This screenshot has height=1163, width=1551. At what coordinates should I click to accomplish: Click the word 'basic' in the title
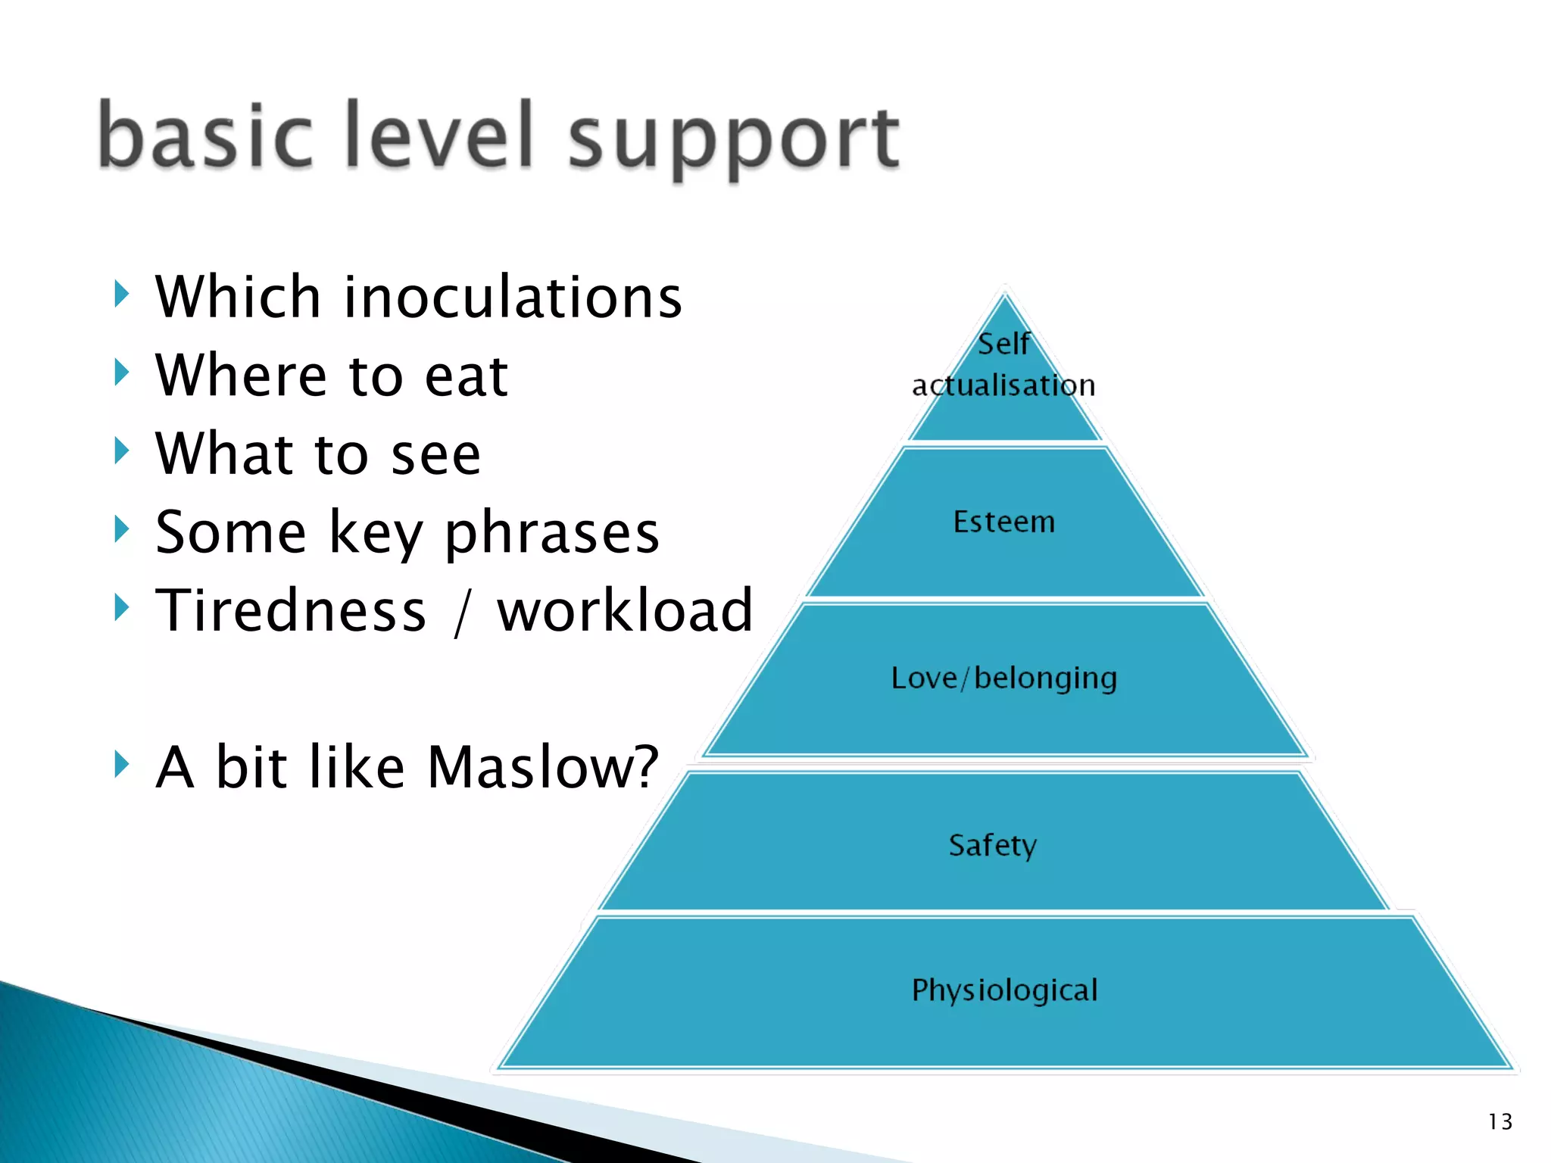204,136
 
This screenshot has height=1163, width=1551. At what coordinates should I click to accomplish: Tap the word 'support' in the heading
733,140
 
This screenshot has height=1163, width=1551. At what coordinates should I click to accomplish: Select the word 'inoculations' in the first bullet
513,297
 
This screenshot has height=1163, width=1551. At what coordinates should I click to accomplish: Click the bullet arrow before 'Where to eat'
121,373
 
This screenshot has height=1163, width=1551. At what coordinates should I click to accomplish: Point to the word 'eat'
466,376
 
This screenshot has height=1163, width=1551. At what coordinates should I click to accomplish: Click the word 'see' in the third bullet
435,454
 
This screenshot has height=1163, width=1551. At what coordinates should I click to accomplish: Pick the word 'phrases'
551,534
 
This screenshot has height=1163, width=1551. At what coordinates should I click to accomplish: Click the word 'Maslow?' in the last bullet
543,767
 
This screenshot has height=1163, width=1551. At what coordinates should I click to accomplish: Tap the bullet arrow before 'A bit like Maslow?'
121,764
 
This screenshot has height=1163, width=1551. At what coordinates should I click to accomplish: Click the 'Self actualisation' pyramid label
1003,365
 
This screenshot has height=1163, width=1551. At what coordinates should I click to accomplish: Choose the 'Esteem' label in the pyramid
1003,522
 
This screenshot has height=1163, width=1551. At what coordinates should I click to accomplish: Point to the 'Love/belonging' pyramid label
1003,678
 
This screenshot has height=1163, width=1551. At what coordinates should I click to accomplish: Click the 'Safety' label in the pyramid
992,845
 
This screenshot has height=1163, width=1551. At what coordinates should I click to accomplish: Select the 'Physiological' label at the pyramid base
1004,990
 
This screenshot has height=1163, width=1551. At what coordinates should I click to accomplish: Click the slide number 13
1500,1121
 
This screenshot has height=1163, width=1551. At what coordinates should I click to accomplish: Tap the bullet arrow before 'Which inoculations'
121,294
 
